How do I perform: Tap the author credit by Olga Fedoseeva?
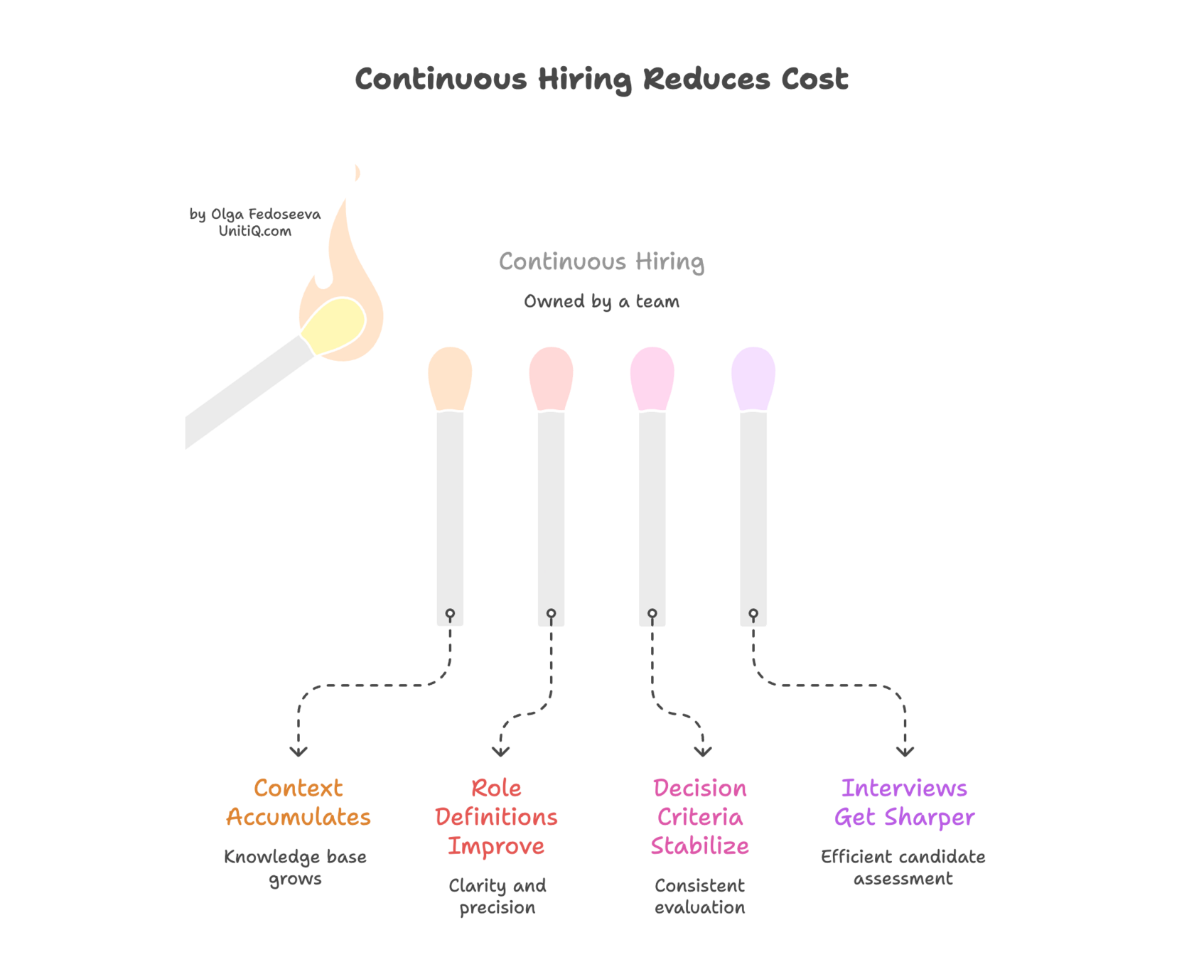point(254,214)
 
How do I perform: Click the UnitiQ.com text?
point(254,232)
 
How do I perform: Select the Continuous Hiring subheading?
point(601,262)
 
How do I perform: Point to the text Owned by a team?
point(601,302)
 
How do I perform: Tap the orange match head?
point(450,377)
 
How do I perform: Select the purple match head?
point(753,377)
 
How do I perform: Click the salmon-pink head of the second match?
point(551,377)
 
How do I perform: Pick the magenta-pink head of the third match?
point(652,377)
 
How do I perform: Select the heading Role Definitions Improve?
point(496,817)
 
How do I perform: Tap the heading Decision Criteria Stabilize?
point(700,817)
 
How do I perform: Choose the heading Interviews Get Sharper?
point(904,803)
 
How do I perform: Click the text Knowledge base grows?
point(296,867)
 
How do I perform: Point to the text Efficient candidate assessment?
point(903,867)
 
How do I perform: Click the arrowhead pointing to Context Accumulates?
point(298,752)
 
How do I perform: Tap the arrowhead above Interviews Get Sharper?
point(905,752)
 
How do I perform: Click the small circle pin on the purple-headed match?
point(753,614)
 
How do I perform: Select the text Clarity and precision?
point(497,897)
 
